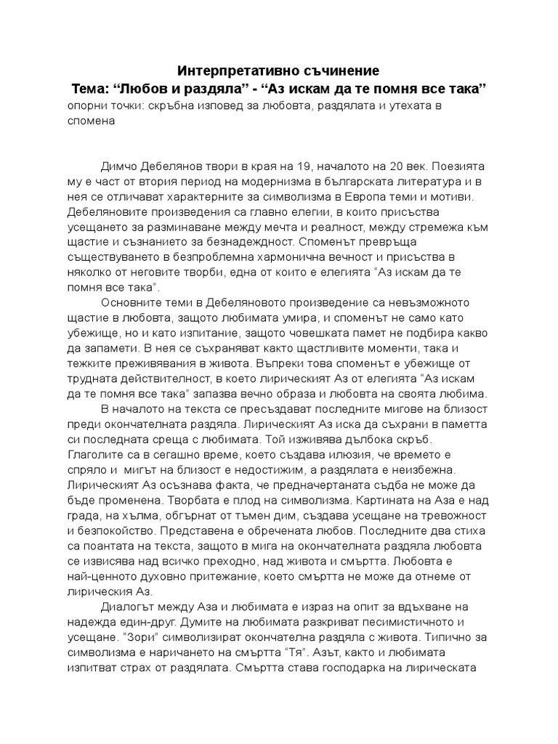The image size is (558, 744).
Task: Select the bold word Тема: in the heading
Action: [89, 89]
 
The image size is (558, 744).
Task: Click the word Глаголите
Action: [95, 455]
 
